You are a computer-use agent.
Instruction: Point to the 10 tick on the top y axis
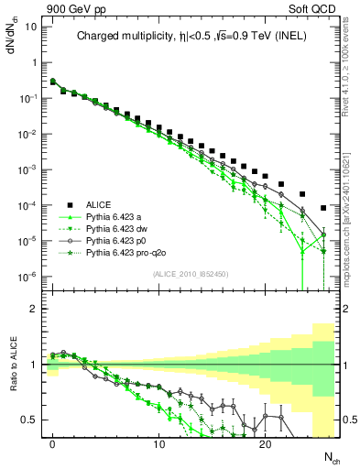point(29,27)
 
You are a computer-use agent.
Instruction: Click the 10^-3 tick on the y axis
point(27,169)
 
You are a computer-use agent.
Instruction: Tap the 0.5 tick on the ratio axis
point(28,420)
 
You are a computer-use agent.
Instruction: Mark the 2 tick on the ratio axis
point(33,309)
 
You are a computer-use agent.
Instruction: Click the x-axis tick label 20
point(265,442)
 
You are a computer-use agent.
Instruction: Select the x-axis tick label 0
point(53,442)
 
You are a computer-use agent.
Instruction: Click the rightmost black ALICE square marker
point(323,208)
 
